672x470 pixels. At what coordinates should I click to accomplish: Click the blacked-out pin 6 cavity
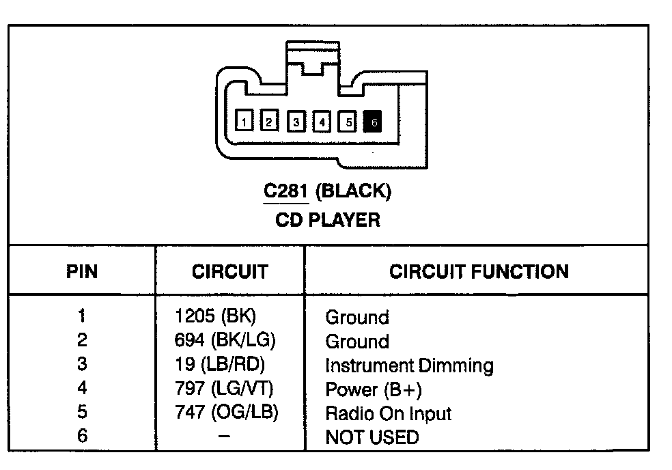[374, 122]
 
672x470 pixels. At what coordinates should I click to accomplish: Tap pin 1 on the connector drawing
[244, 122]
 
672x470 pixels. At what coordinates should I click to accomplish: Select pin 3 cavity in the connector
[296, 122]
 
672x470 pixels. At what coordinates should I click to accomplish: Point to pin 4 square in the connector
[322, 122]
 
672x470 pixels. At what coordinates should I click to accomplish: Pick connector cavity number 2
[269, 122]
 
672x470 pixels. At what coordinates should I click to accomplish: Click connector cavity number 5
[348, 122]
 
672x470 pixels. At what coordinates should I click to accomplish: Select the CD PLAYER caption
[328, 220]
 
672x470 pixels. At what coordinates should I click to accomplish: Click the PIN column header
[82, 272]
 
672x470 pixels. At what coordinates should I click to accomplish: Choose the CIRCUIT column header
[229, 272]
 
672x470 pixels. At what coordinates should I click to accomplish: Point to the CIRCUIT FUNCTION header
[479, 272]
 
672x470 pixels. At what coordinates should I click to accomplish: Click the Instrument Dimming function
[408, 365]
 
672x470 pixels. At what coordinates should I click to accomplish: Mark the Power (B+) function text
[373, 389]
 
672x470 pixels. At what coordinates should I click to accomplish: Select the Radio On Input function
[388, 413]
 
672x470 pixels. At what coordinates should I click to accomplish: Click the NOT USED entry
[372, 437]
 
